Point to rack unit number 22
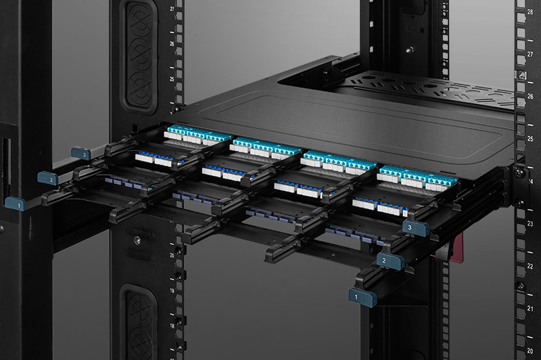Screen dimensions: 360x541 click(x=530, y=267)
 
